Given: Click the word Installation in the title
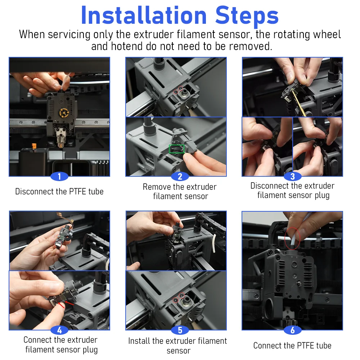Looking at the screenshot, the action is [144, 15].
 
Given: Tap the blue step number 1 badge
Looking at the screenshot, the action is [59, 176].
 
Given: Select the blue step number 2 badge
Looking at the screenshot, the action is [180, 176].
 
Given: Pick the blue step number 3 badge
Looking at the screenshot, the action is [292, 176].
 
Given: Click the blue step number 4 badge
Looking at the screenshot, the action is [59, 330].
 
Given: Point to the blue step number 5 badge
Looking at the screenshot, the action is [180, 330].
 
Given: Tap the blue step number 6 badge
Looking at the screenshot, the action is [292, 330].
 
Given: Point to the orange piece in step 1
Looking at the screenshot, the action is [34, 146].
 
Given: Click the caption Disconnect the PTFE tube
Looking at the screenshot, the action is [59, 192].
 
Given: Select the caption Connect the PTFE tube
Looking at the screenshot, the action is [292, 346].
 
